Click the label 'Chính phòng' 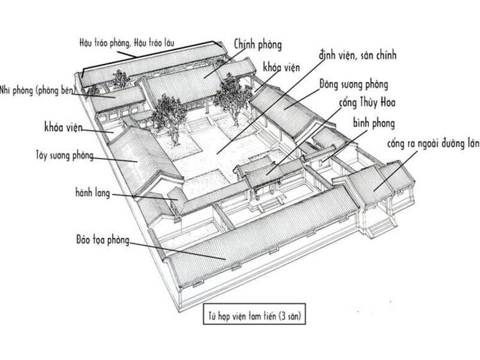coord(258,45)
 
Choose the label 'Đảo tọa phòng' coord(102,240)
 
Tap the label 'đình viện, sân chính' coord(358,56)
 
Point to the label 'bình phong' coord(373,123)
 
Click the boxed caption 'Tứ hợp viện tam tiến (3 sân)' coord(251,314)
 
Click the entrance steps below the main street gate coord(380,224)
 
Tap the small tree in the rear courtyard coord(120,79)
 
